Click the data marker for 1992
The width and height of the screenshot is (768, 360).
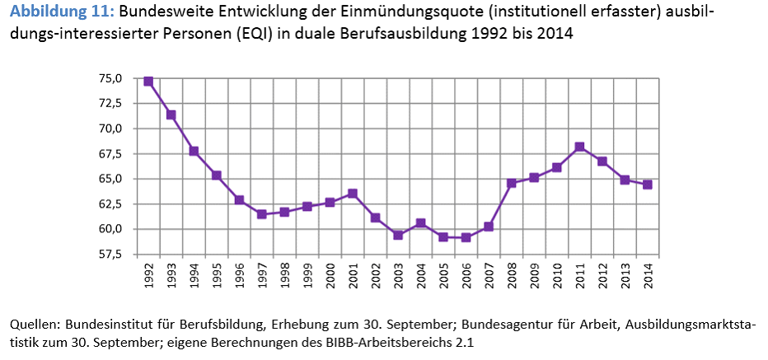pyautogui.click(x=148, y=82)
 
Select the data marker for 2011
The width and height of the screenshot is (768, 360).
pyautogui.click(x=579, y=147)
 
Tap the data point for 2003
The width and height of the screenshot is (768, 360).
pyautogui.click(x=398, y=235)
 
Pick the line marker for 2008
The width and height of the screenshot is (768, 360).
pyautogui.click(x=512, y=183)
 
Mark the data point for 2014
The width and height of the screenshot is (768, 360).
pyautogui.click(x=648, y=185)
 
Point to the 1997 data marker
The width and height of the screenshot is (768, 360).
pyautogui.click(x=262, y=214)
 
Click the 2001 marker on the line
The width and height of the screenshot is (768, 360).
pyautogui.click(x=353, y=194)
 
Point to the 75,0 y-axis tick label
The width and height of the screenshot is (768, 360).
pyautogui.click(x=110, y=79)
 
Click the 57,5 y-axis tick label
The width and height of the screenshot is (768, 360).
pyautogui.click(x=110, y=255)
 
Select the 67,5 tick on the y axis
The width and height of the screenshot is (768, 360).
pyautogui.click(x=110, y=154)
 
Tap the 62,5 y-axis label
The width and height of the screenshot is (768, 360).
pyautogui.click(x=110, y=204)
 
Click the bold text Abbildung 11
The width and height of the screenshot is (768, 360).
pyautogui.click(x=55, y=13)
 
